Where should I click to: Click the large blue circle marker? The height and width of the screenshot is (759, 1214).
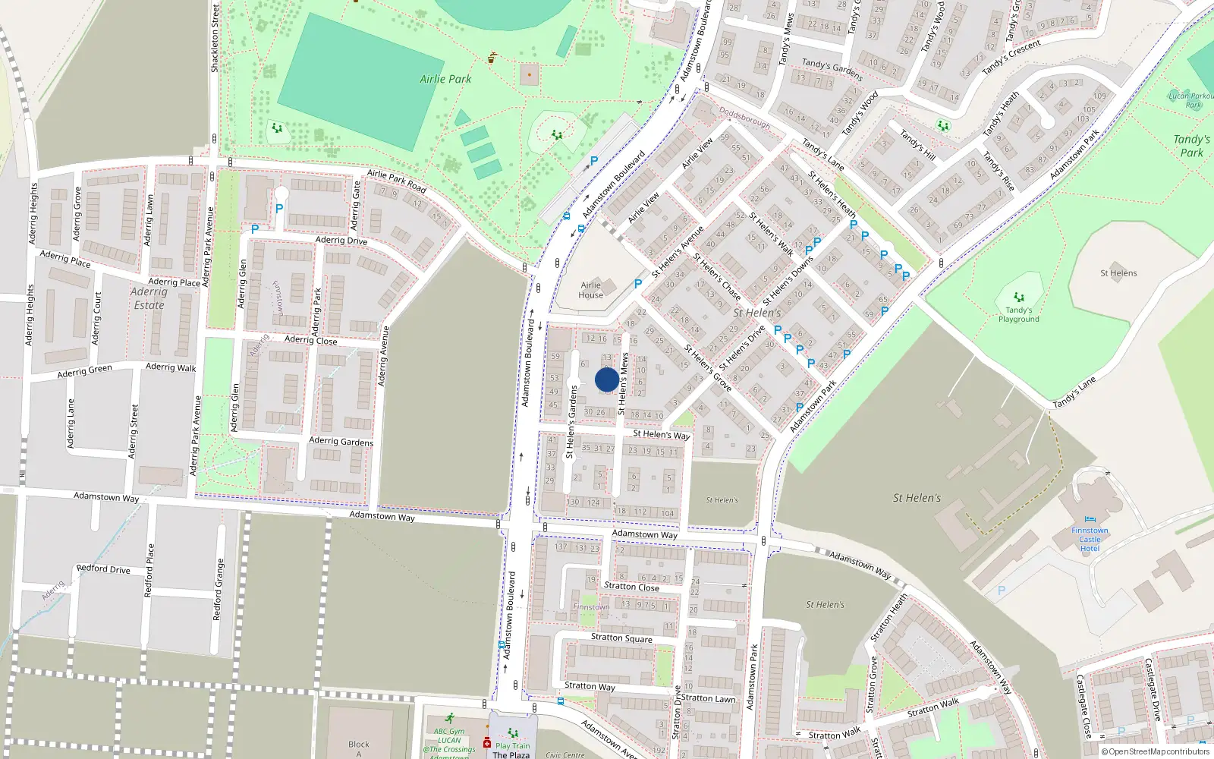(x=606, y=379)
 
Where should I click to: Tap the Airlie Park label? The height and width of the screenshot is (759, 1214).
(x=445, y=79)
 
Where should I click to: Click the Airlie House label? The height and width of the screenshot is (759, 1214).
(x=590, y=290)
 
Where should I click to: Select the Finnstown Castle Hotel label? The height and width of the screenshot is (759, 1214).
(x=1090, y=539)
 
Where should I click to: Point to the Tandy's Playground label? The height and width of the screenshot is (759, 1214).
(x=1018, y=314)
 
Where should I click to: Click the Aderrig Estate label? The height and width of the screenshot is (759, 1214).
(x=149, y=298)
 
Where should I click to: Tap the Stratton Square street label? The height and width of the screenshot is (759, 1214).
(x=621, y=638)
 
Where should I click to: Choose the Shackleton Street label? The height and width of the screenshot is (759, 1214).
(x=215, y=38)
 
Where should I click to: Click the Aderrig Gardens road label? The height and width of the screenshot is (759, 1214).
(x=341, y=441)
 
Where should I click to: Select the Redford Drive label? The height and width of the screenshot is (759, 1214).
(x=103, y=568)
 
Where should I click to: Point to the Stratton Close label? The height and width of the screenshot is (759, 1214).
(x=631, y=587)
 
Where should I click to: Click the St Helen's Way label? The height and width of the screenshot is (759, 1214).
(x=661, y=434)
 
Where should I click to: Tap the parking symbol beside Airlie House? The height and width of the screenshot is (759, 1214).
(x=638, y=283)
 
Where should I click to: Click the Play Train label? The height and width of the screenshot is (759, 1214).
(x=512, y=745)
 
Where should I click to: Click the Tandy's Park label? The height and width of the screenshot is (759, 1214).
(x=1191, y=146)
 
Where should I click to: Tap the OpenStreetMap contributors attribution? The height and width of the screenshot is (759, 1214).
(x=1154, y=752)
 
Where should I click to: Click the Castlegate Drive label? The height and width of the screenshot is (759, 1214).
(x=1152, y=689)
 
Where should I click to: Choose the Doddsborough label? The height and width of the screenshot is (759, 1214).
(x=744, y=118)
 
